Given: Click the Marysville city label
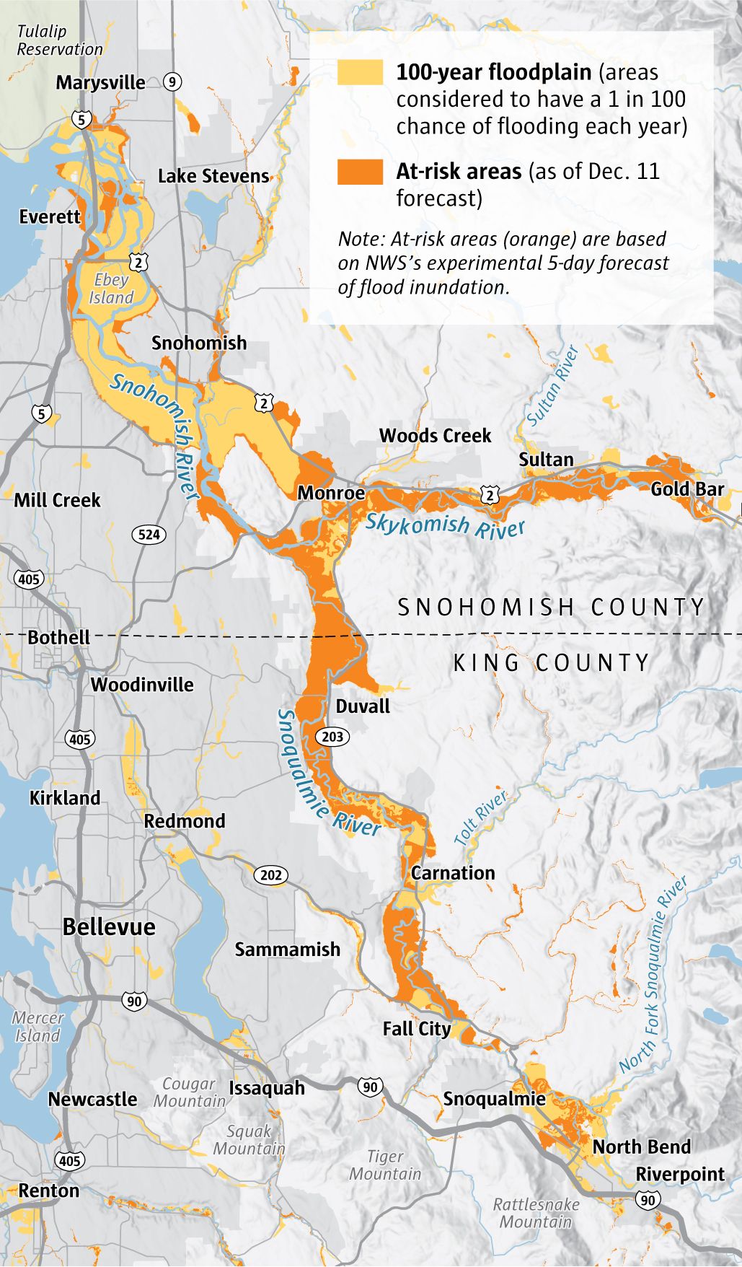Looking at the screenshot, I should (x=100, y=82).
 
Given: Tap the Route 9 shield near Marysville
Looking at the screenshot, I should (x=171, y=82).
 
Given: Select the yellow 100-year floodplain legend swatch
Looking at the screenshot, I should (x=360, y=72).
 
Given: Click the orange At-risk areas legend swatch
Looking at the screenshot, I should (x=360, y=172).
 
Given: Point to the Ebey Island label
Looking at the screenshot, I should (x=111, y=289).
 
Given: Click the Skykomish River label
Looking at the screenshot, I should (x=445, y=526).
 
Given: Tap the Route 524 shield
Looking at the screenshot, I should (x=149, y=535).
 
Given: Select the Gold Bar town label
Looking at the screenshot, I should (x=686, y=489).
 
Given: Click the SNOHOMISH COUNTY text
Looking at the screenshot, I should (x=551, y=608).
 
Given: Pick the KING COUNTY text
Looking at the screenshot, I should (x=551, y=662).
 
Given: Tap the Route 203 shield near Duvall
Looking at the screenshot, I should (x=332, y=737).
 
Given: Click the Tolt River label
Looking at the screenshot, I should (x=480, y=817).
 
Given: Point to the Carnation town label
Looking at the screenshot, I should (x=453, y=873).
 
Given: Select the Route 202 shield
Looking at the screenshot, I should (x=270, y=875).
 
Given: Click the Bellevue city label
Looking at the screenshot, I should (x=109, y=927).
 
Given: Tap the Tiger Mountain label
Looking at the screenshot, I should (x=385, y=1165).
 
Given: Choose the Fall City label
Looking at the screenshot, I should (x=417, y=1029).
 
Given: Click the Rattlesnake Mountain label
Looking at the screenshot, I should (x=536, y=1213).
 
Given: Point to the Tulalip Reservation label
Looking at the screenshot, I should (x=59, y=40).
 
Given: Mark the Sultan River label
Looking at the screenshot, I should (x=552, y=386).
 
